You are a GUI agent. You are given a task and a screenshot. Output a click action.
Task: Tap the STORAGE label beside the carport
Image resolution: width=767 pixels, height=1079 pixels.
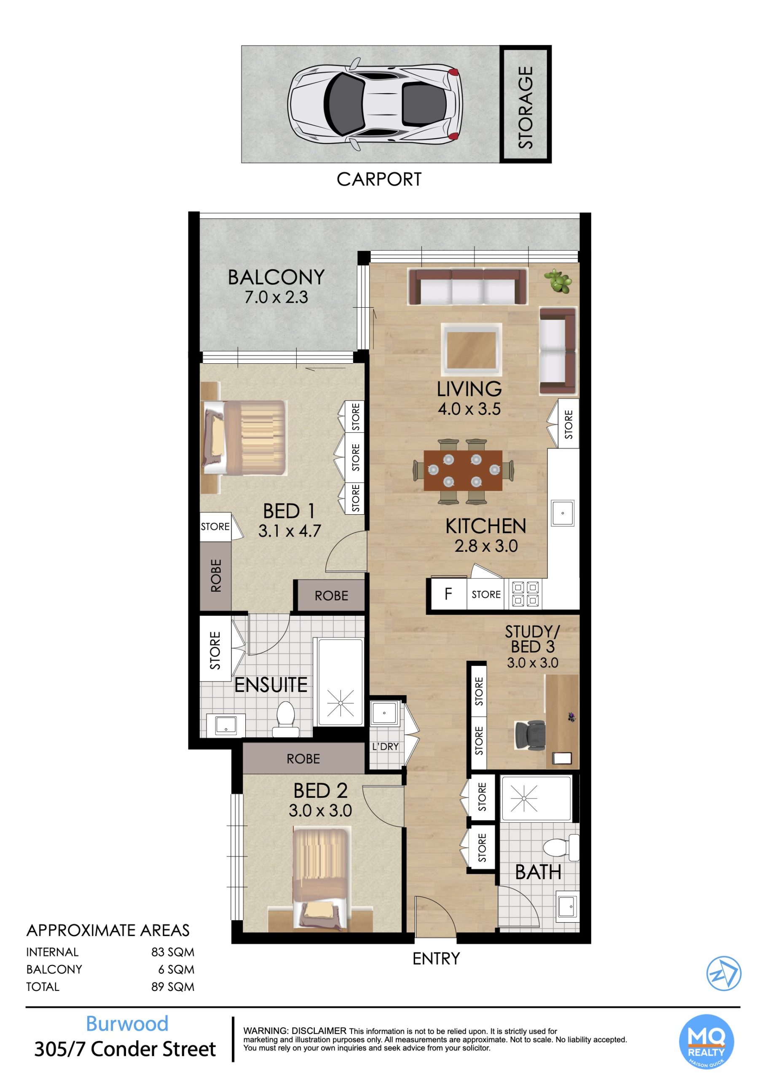pyautogui.click(x=526, y=107)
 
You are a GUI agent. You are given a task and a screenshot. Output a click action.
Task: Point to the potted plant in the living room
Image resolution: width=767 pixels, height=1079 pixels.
pyautogui.click(x=559, y=282)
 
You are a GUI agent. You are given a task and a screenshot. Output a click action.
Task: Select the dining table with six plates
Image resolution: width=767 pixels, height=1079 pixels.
pyautogui.click(x=463, y=471)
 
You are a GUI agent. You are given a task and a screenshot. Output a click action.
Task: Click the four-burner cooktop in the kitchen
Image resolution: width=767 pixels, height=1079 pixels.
pyautogui.click(x=526, y=593)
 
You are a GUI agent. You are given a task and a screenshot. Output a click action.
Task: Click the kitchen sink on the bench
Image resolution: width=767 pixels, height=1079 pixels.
pyautogui.click(x=563, y=513)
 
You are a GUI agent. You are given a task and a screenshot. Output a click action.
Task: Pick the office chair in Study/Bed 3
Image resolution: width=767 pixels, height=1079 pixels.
pyautogui.click(x=530, y=735)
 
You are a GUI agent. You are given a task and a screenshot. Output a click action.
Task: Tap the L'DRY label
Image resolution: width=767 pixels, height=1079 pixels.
pyautogui.click(x=385, y=746)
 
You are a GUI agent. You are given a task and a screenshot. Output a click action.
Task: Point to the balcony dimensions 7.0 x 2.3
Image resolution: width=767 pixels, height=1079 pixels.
pyautogui.click(x=276, y=297)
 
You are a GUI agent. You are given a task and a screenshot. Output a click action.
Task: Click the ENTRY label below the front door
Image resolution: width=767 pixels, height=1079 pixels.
pyautogui.click(x=436, y=958)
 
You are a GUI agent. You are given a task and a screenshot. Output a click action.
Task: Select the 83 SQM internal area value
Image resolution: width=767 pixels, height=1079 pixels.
pyautogui.click(x=172, y=952)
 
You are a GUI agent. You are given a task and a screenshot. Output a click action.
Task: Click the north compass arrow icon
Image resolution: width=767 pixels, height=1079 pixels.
pyautogui.click(x=724, y=974)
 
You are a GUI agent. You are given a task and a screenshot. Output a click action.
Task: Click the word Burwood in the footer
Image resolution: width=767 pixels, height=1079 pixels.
pyautogui.click(x=127, y=1024)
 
